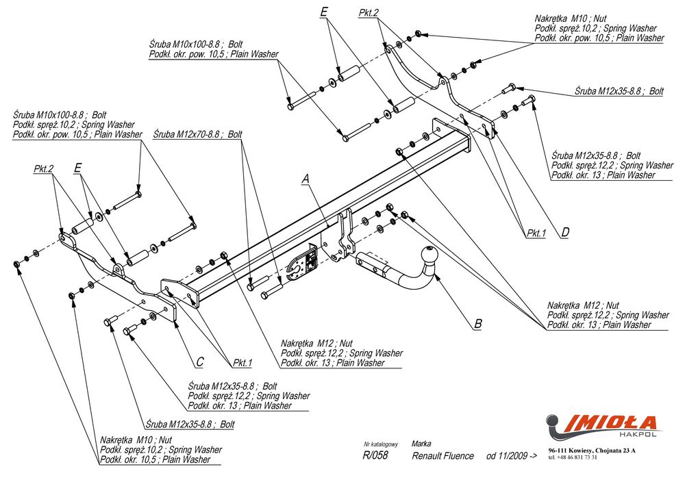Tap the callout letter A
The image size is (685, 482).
tap(306, 179)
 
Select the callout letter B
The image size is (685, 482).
tap(478, 324)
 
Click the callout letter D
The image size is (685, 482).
tap(565, 233)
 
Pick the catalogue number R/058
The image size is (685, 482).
tap(375, 456)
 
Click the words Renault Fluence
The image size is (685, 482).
tap(443, 456)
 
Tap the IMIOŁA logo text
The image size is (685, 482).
tap(611, 422)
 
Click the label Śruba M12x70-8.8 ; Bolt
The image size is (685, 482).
tap(198, 135)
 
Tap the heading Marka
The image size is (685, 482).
tap(421, 444)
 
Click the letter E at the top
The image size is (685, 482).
tap(324, 12)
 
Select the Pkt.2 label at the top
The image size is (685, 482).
tap(369, 13)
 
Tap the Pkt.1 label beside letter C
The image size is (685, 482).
tap(242, 362)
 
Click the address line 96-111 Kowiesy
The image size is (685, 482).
tap(592, 450)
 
